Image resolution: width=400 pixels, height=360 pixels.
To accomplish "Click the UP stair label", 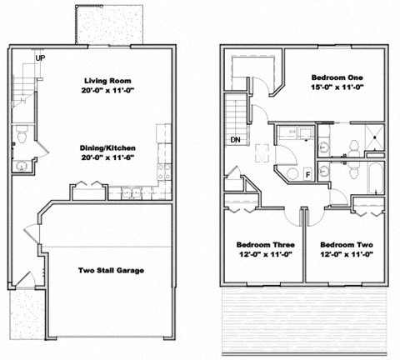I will click(x=40, y=57).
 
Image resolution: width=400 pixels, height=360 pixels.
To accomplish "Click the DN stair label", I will click(x=237, y=139).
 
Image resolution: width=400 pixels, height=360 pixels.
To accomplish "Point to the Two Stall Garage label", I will click(x=112, y=270).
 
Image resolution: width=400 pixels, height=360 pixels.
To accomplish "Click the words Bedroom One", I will click(x=342, y=75).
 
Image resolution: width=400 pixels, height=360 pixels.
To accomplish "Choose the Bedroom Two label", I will click(x=345, y=244).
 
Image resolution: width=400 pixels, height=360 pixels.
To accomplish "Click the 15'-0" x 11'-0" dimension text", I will click(x=342, y=86).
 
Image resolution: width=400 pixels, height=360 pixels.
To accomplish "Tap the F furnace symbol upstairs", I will click(x=309, y=174).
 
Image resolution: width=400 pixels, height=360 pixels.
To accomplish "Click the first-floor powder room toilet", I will click(x=23, y=132).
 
